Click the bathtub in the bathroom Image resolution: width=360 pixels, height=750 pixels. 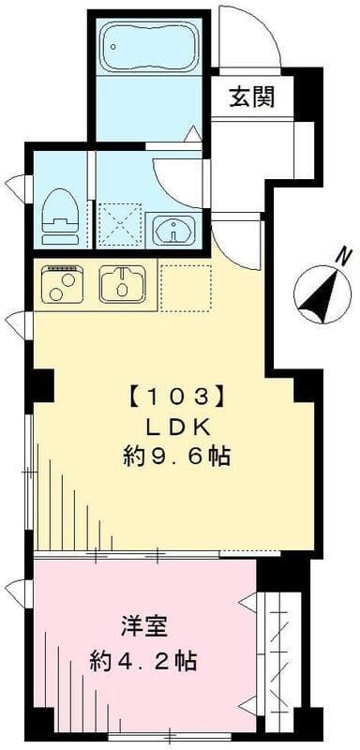148,48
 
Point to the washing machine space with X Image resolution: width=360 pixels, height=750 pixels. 120,224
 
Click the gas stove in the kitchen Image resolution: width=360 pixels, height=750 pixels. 65,282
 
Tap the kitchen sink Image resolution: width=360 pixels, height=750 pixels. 124,282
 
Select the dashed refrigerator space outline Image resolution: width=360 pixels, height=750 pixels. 186,283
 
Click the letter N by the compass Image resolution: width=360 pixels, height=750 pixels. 344,255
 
